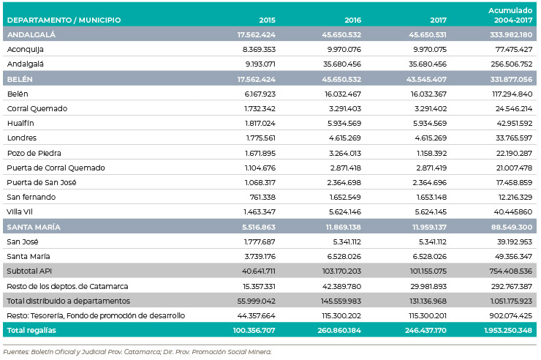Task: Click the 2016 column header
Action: pyautogui.click(x=352, y=20)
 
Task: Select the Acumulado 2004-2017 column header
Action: pyautogui.click(x=510, y=15)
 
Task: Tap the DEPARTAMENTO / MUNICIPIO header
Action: pyautogui.click(x=64, y=20)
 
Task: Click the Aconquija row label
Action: pyautogui.click(x=25, y=49)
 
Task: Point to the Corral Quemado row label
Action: pyautogui.click(x=37, y=109)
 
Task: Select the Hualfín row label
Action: pyautogui.click(x=20, y=123)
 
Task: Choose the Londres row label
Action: pyautogui.click(x=22, y=138)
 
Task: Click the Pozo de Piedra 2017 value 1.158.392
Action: pyautogui.click(x=431, y=153)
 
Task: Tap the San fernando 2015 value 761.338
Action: pyautogui.click(x=262, y=197)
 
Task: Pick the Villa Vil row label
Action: pyautogui.click(x=20, y=212)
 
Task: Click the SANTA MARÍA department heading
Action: pyautogui.click(x=34, y=227)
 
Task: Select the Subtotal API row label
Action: pyautogui.click(x=29, y=271)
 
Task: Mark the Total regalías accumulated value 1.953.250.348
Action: pyautogui.click(x=508, y=330)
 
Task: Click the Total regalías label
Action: pyautogui.click(x=31, y=330)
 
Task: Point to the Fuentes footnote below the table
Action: pyautogui.click(x=137, y=352)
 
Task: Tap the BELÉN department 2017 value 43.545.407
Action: pyautogui.click(x=426, y=79)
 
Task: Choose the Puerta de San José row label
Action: pyautogui.click(x=42, y=183)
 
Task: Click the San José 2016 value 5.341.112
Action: pyautogui.click(x=347, y=241)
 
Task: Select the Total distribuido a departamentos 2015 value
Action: pyautogui.click(x=257, y=301)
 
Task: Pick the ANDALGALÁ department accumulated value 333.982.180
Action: pyautogui.click(x=511, y=35)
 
